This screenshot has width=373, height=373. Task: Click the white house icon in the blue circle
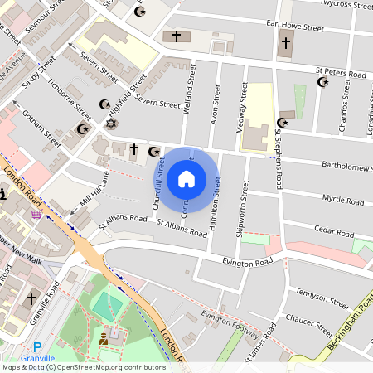[186, 178]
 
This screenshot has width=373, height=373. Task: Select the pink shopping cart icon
[36, 214]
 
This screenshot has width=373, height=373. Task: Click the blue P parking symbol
[36, 348]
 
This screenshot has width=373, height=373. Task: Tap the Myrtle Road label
[343, 200]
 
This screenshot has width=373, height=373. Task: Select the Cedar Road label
[337, 230]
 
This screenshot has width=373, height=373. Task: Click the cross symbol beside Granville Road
[31, 298]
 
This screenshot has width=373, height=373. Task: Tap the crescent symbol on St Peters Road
[323, 81]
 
